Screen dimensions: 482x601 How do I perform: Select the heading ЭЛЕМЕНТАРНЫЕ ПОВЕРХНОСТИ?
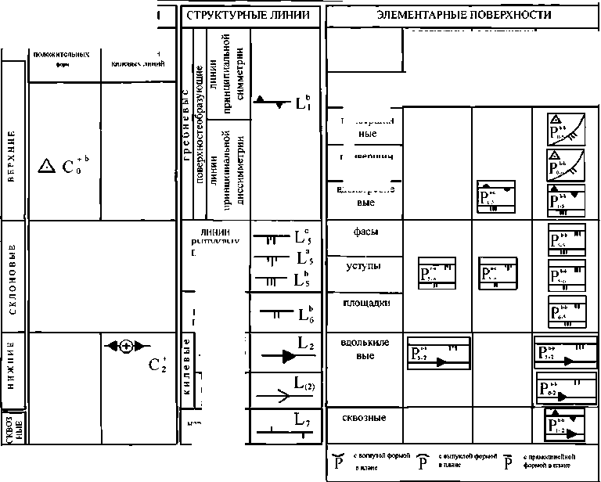[x=463, y=15]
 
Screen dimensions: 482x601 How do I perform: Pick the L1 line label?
[x=303, y=103]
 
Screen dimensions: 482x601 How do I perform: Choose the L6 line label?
[x=305, y=315]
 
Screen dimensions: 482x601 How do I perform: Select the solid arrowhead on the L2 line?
[x=286, y=356]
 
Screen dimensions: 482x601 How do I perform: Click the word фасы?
[x=362, y=232]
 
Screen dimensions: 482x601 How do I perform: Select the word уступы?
[x=363, y=266]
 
